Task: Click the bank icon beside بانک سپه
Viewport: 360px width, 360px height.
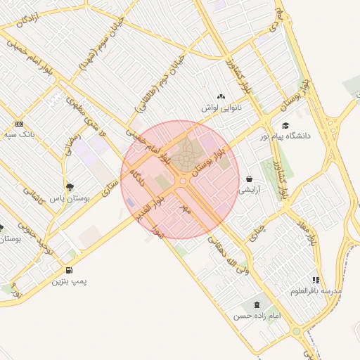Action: point(19,123)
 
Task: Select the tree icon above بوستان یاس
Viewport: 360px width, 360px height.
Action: point(69,186)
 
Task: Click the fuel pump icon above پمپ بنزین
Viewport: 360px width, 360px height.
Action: point(68,270)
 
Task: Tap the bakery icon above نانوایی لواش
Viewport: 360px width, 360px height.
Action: point(221,97)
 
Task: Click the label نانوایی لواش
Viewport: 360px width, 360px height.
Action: point(221,108)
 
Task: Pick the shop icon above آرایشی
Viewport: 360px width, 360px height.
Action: point(250,179)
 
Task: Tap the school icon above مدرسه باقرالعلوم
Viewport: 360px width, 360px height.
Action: point(316,280)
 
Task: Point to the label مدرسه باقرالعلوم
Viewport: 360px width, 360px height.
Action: point(316,290)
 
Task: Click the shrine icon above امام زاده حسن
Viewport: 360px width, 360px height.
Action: point(256,305)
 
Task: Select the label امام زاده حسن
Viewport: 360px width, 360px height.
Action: point(257,316)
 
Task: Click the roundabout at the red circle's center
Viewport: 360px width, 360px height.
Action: point(183,181)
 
